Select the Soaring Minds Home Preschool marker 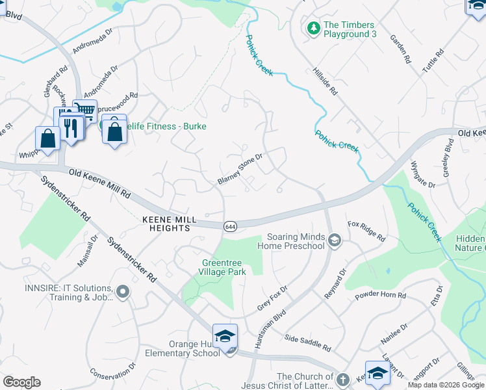tap(335, 241)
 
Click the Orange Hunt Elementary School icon tap(225, 336)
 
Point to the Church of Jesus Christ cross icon tap(343, 380)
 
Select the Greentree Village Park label tap(223, 267)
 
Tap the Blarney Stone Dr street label tap(240, 168)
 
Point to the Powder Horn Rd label tap(380, 296)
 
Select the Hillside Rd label tap(325, 81)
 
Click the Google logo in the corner tap(21, 382)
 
